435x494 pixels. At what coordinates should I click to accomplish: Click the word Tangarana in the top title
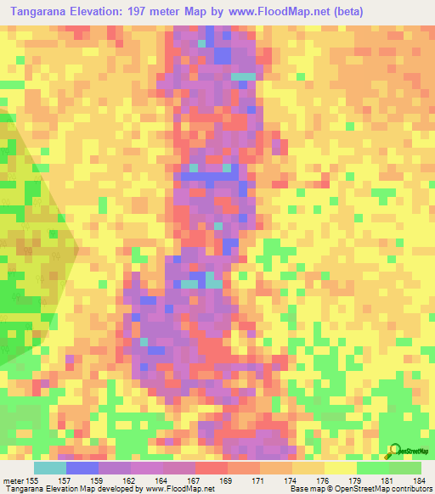pos(38,10)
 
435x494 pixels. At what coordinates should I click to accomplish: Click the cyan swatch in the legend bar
pos(49,468)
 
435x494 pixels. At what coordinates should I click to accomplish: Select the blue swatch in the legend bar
pos(82,468)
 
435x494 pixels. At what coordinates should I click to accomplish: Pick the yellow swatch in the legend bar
pos(340,468)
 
